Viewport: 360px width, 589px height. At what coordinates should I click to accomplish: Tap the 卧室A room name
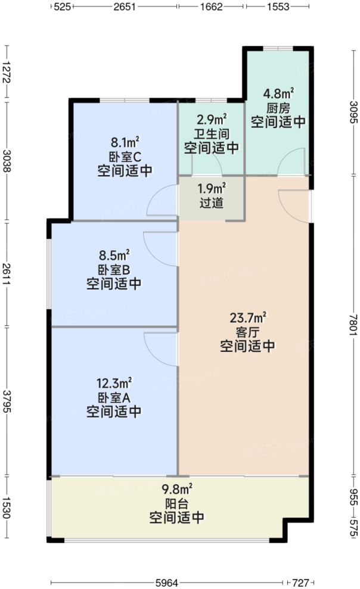(x=114, y=397)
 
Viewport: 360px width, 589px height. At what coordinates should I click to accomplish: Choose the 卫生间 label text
(x=212, y=133)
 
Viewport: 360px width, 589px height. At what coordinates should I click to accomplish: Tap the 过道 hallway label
(x=212, y=202)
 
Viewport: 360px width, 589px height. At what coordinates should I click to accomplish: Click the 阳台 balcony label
(x=177, y=503)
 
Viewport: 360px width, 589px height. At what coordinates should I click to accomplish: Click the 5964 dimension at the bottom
(x=169, y=581)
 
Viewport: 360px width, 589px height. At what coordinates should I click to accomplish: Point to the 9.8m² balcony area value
(x=177, y=489)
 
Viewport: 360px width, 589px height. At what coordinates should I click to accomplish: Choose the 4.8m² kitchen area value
(x=278, y=94)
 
